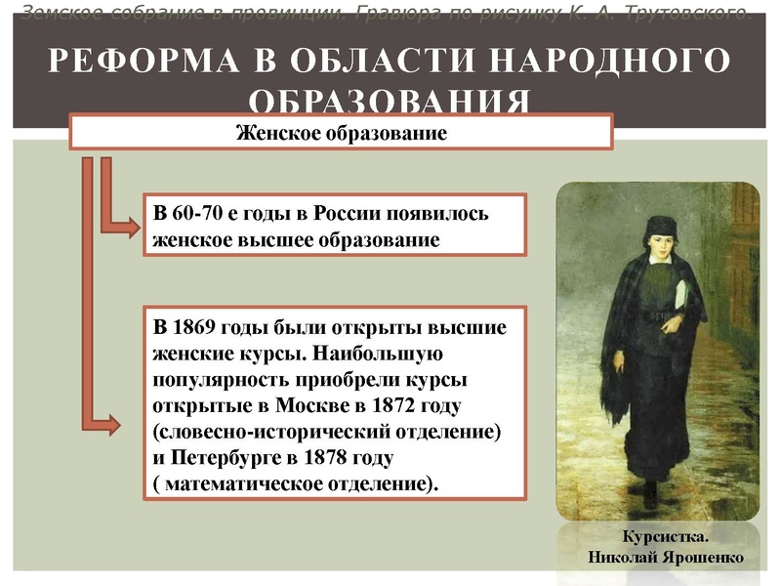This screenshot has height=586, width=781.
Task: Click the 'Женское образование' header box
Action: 341,132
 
